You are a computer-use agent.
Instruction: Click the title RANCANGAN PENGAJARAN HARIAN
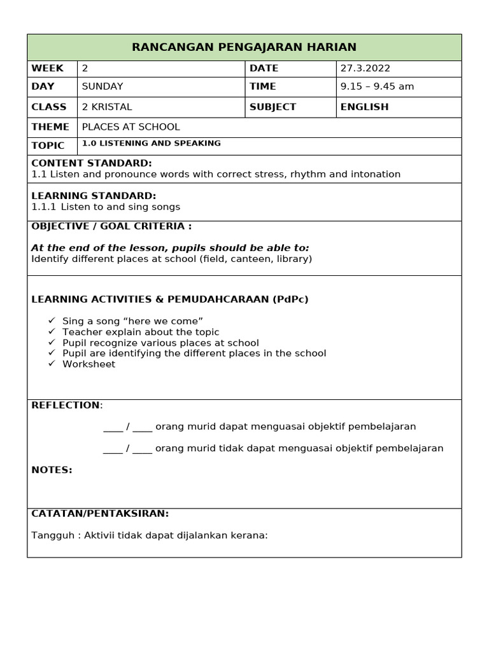coord(244,48)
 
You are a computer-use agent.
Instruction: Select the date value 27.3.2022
coord(365,69)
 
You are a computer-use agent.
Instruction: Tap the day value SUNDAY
coord(103,86)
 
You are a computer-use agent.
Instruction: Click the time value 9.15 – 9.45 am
coord(377,86)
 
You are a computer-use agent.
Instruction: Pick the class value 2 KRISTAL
coord(107,107)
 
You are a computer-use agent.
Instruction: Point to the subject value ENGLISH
coord(364,107)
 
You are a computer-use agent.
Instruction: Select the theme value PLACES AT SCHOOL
coord(131,127)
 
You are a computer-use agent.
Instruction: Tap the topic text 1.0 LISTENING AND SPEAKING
coord(152,144)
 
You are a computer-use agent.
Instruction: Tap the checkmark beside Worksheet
coord(52,364)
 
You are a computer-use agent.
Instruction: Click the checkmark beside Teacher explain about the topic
coord(52,332)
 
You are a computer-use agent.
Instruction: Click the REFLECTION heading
coord(66,406)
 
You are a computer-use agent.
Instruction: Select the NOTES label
coord(52,470)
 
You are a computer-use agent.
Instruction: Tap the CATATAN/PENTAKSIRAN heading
coord(100,514)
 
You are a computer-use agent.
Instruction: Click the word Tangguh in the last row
coord(49,535)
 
